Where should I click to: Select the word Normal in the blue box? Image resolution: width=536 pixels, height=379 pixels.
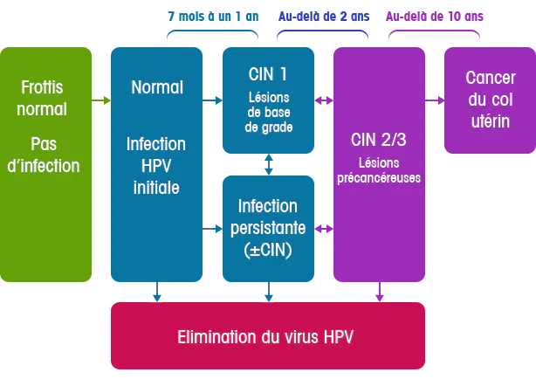pos(157,87)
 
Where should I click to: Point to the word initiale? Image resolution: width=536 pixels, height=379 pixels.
pos(156,187)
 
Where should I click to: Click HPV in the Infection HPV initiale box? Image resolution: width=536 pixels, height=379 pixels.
pos(156,165)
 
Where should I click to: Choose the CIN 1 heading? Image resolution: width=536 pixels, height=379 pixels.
pos(267,74)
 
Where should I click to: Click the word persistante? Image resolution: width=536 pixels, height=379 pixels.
pos(268,228)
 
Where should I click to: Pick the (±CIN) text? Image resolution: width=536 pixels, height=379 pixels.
pos(268,249)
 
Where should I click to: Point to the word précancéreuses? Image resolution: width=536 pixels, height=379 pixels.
pos(379,177)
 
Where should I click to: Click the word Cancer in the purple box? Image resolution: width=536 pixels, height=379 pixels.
pos(491,78)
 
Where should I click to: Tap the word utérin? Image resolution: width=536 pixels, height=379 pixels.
pos(491,121)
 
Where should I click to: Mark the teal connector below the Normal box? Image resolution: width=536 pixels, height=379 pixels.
pos(156,296)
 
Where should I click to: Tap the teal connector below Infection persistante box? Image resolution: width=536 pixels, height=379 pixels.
pos(269,296)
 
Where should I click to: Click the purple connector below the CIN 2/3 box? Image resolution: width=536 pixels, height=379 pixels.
pos(379,296)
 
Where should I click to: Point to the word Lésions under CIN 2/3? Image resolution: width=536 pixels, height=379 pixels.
pos(379,162)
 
